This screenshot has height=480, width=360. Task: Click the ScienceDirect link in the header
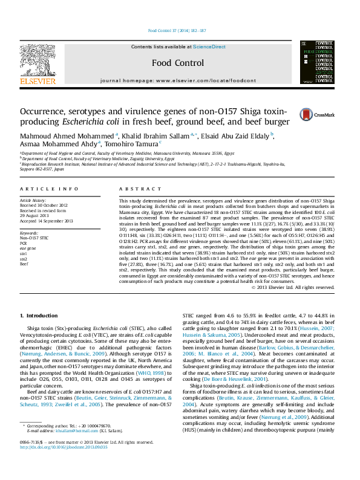click(x=209, y=47)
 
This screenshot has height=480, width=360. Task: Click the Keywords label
click(x=29, y=215)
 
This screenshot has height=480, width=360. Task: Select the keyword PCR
click(x=24, y=226)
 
